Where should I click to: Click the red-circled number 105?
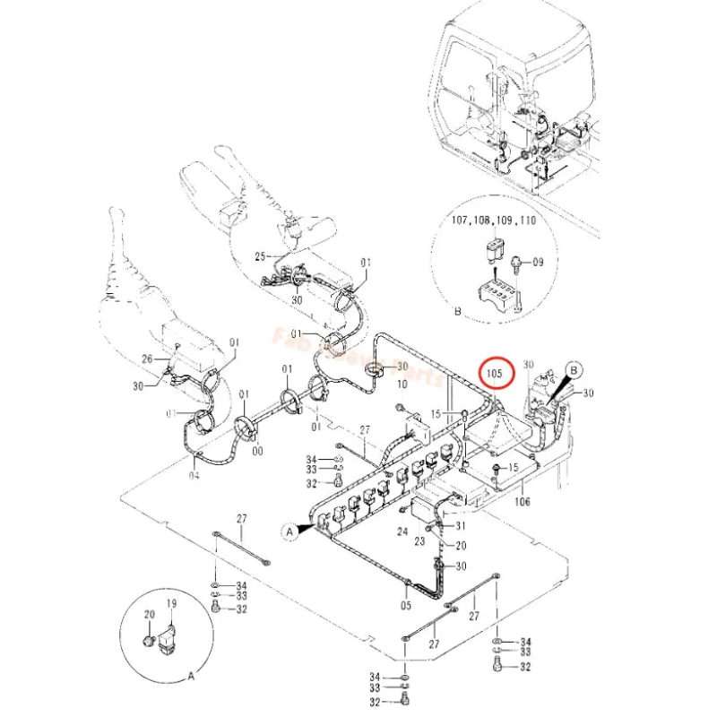[x=496, y=370]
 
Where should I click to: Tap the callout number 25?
[x=261, y=256]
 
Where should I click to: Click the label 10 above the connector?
[x=402, y=384]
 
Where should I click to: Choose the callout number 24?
[x=402, y=531]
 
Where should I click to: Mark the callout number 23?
[x=419, y=540]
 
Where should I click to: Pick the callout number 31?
[x=461, y=526]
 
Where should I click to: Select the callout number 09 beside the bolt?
[x=539, y=263]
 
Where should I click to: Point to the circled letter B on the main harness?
[x=574, y=367]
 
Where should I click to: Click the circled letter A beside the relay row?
[x=289, y=531]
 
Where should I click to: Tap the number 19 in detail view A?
[x=171, y=605]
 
